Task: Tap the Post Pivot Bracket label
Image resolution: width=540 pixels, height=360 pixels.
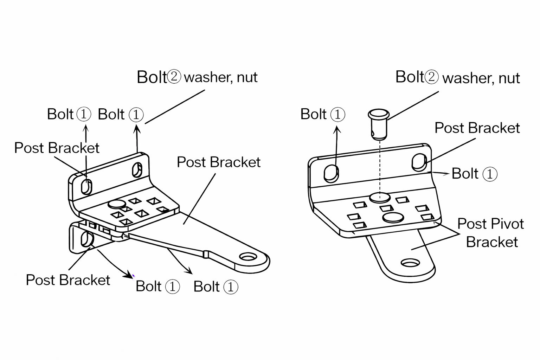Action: point(491,233)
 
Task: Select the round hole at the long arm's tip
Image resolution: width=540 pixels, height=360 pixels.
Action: point(249,257)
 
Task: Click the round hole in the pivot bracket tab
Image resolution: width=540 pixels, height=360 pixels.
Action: point(410,263)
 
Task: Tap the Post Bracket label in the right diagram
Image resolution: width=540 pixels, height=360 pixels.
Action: point(477,128)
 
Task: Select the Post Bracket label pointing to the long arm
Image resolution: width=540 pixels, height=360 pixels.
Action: point(218,162)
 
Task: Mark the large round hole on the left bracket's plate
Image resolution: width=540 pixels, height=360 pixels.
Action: point(117,204)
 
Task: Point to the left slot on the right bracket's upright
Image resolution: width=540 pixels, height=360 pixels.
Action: point(331,173)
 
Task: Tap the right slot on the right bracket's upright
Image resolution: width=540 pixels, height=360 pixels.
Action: point(419,162)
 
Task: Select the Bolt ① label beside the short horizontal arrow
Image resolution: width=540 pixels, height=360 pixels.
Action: point(474,174)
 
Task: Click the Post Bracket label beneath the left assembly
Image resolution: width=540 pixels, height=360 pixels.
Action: point(68,280)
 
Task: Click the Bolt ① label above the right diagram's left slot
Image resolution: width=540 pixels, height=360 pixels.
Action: point(322,114)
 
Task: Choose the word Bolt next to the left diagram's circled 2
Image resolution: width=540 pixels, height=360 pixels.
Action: point(152,77)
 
